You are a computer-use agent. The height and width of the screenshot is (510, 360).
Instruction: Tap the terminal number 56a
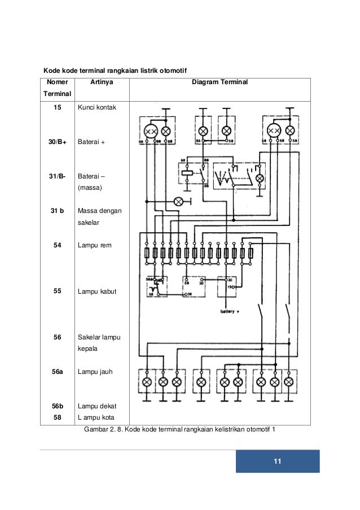click(x=56, y=372)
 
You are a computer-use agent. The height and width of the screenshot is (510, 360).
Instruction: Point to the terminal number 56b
click(x=56, y=406)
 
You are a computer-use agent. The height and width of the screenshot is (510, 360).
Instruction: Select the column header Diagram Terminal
click(x=219, y=83)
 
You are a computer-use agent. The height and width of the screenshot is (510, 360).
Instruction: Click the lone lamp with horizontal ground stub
click(x=179, y=201)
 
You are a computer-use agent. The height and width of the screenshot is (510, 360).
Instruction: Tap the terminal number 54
click(x=56, y=246)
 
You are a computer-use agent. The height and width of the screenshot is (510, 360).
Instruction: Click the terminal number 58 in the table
click(x=56, y=418)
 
